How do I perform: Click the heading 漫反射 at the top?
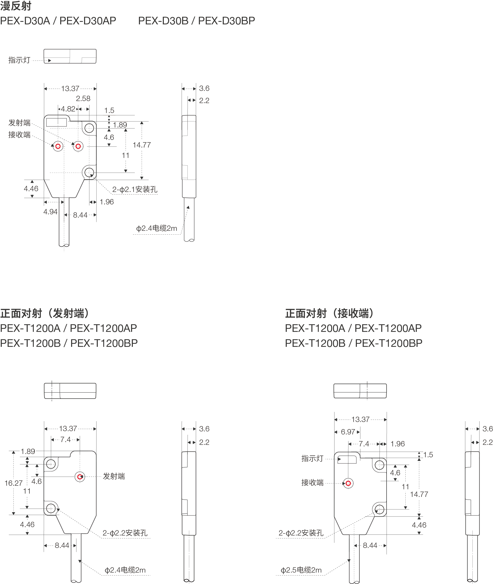point(16,6)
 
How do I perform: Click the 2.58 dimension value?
point(83,99)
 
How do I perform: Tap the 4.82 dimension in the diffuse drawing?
point(68,109)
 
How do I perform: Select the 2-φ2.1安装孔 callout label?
point(134,189)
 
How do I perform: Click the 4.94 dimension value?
point(50,212)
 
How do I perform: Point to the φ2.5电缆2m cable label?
point(301,570)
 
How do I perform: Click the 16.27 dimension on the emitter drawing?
point(13,483)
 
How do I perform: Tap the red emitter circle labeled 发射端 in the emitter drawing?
point(80,477)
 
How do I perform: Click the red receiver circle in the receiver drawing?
point(348,483)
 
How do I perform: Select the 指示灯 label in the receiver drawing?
point(312,458)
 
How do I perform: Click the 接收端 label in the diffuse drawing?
point(19,135)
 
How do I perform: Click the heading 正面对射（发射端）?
point(45,313)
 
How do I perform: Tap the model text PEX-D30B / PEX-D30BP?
point(196,21)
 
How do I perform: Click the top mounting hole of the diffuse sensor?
point(89,128)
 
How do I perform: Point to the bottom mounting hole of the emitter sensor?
point(51,508)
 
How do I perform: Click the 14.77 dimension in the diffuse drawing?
point(142,145)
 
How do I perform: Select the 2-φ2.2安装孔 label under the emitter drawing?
point(125,533)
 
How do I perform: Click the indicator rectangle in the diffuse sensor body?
point(56,122)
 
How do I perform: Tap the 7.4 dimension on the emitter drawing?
point(65,439)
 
